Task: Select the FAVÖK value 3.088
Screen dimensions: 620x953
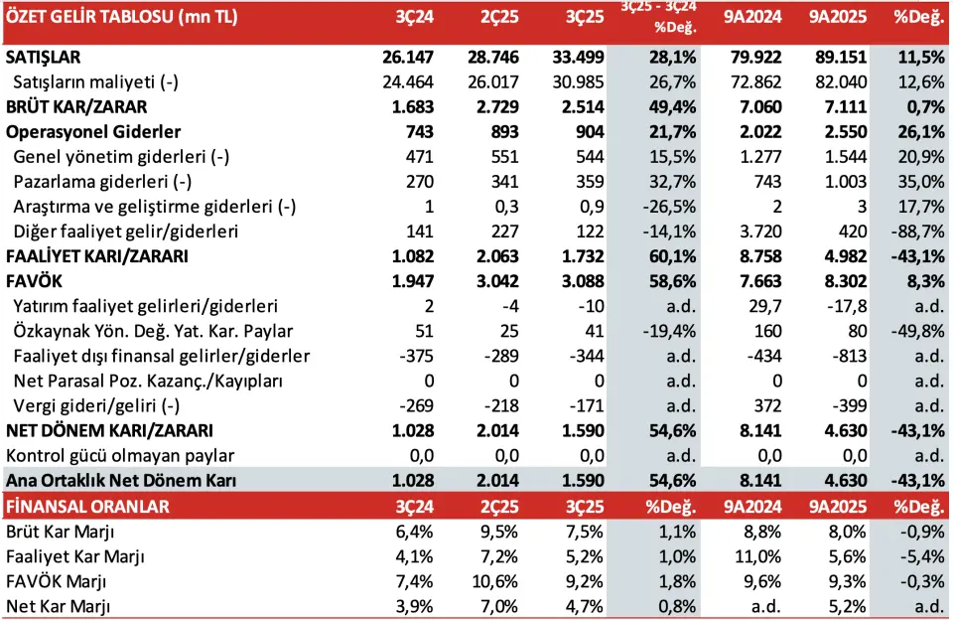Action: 576,281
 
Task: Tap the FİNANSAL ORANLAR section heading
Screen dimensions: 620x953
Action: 87,506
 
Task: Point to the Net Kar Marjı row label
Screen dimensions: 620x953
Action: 58,605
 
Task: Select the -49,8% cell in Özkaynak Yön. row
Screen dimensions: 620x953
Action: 915,331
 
